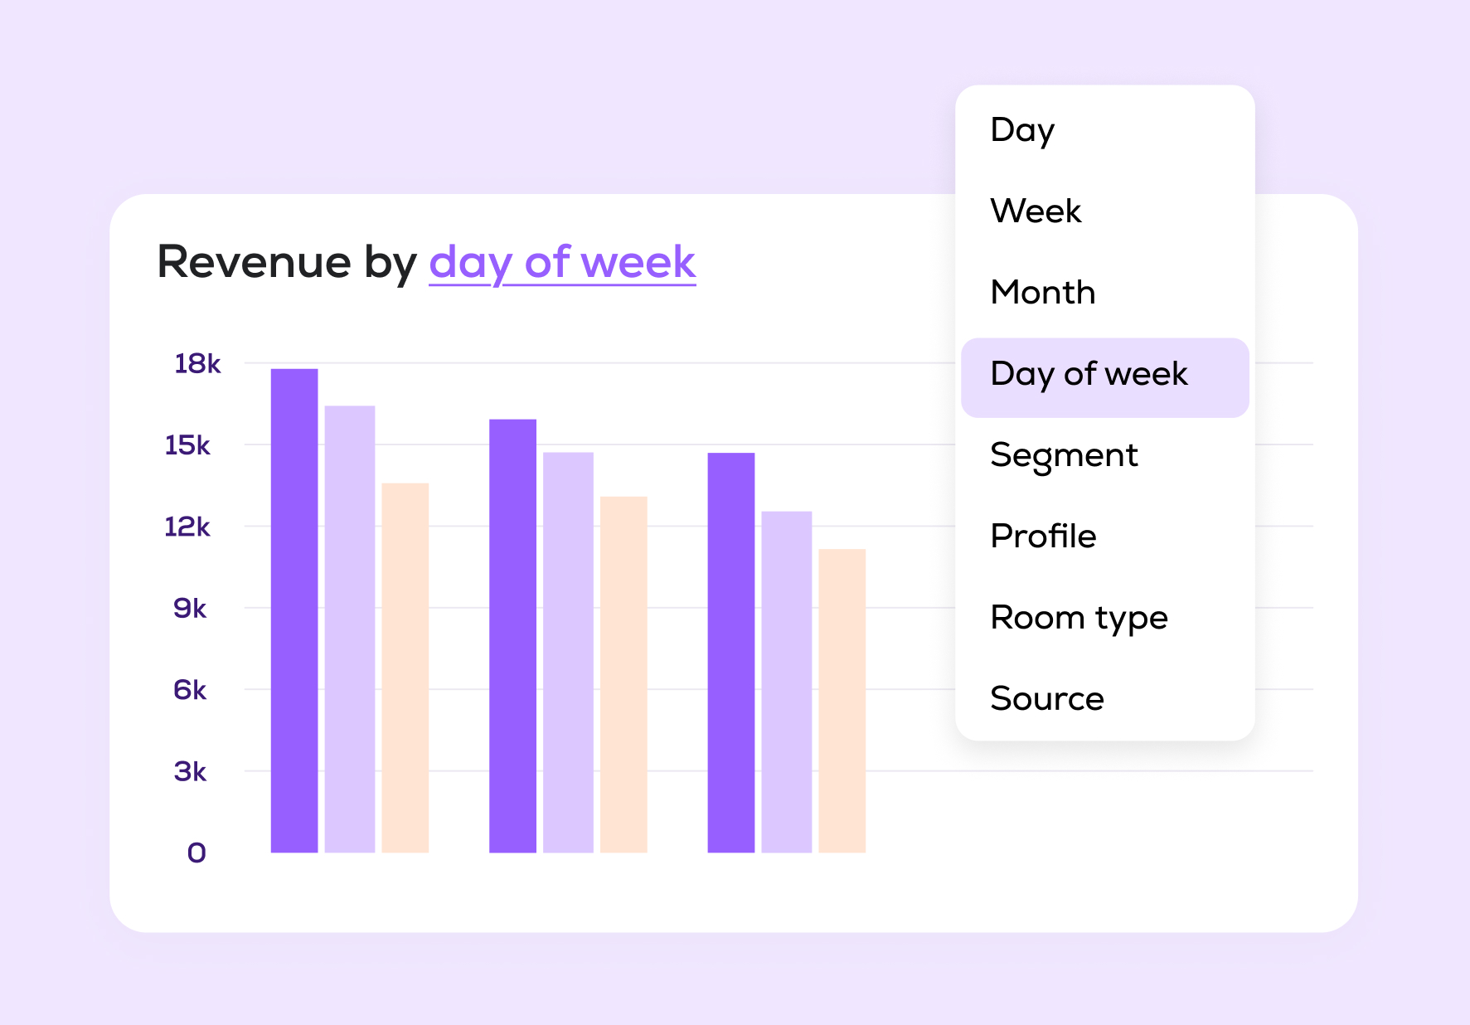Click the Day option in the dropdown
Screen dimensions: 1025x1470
pos(1022,130)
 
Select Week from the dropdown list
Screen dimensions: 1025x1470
pos(1036,211)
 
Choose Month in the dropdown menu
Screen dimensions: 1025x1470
pos(1043,293)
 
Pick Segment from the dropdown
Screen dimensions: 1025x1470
pos(1064,455)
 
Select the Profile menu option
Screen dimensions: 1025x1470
pos(1043,537)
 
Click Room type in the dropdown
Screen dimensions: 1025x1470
pos(1079,618)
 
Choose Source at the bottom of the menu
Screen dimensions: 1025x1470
pos(1047,699)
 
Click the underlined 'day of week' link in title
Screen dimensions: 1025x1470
pos(562,262)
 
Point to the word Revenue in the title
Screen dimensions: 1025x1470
pos(254,262)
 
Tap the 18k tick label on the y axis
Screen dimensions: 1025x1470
pos(197,363)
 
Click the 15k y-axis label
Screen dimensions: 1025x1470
pos(187,445)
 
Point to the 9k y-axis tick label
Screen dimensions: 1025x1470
pos(190,608)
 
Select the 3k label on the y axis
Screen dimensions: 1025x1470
pos(190,771)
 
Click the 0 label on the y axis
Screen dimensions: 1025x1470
pos(196,853)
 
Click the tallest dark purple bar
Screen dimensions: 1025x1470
pos(294,610)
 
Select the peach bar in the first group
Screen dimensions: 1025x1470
pos(405,668)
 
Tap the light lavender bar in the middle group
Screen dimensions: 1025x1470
pos(568,652)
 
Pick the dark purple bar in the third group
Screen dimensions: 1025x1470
pos(730,652)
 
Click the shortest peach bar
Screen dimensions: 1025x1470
pos(842,700)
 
